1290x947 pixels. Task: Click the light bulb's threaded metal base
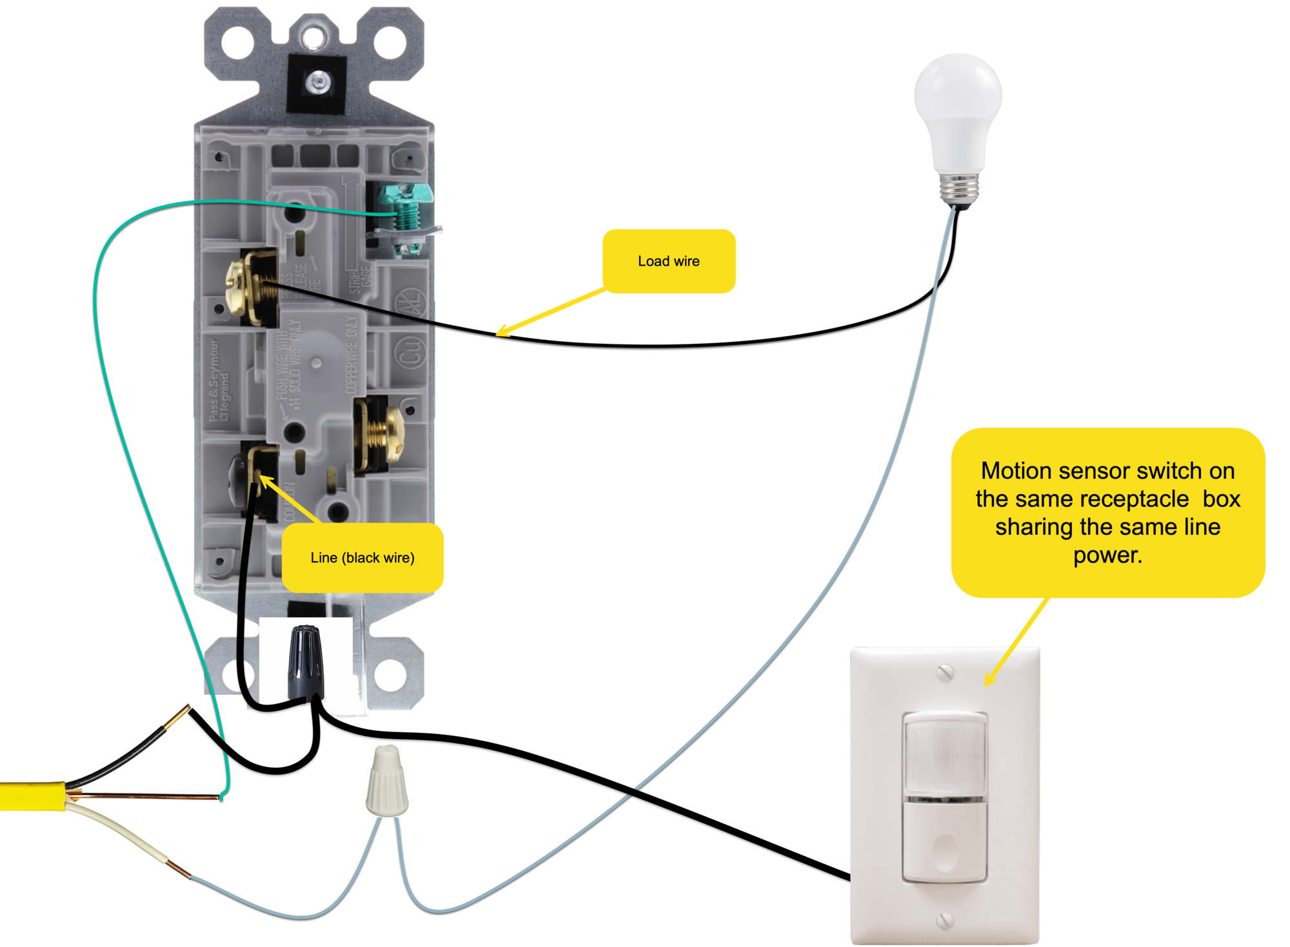(x=958, y=188)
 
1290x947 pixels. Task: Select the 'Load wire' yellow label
(x=669, y=261)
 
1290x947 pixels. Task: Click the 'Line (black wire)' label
(x=362, y=558)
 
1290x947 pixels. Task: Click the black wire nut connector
(x=305, y=662)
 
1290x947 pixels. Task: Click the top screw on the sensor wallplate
(x=945, y=673)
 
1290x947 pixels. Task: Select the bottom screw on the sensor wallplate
(x=945, y=921)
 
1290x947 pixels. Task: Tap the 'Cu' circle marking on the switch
(x=411, y=352)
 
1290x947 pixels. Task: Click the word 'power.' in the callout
(x=1107, y=555)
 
